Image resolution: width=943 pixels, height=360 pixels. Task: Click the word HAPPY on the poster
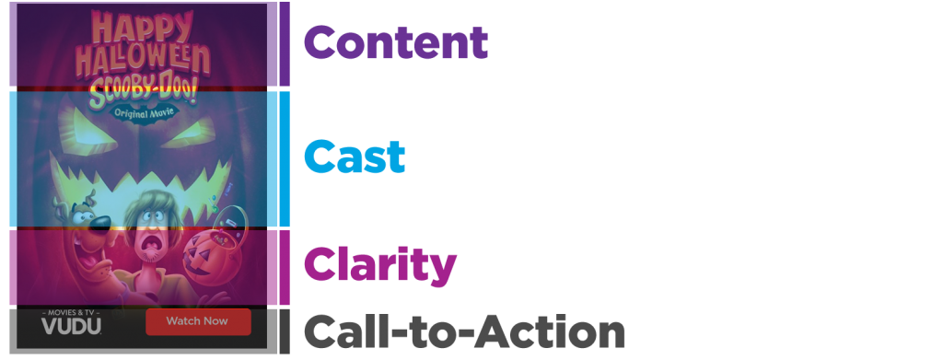tap(143, 28)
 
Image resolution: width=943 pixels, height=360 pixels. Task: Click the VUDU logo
tap(71, 325)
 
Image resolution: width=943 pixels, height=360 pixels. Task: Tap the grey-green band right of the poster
tap(617, 114)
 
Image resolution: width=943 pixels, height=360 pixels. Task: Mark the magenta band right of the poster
tap(617, 267)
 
